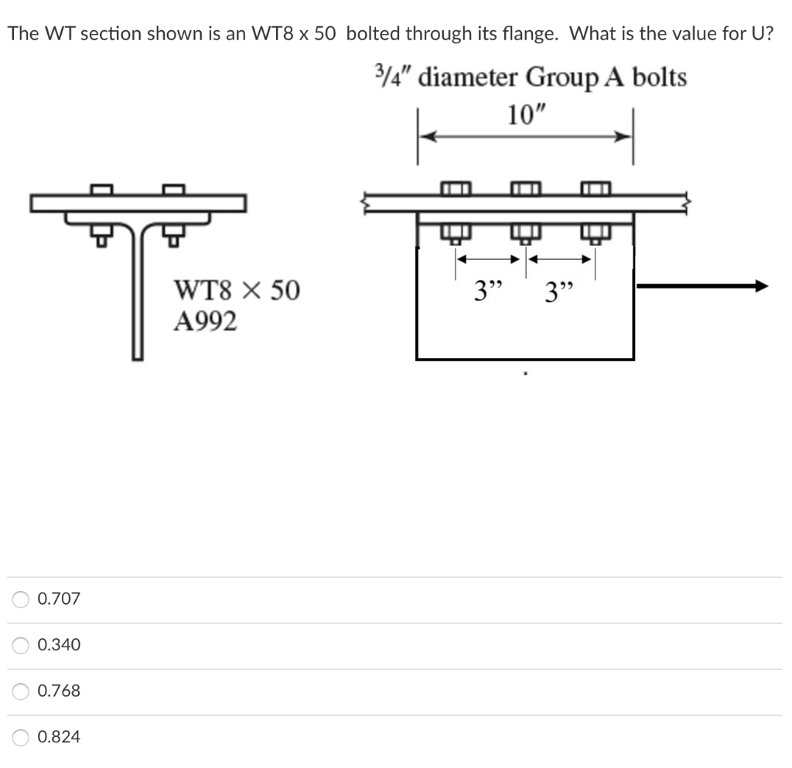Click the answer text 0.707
coord(59,599)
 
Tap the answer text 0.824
coord(59,737)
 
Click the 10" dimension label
coord(526,114)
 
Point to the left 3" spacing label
coord(488,293)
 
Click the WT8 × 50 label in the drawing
coord(237,291)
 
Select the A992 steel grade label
coord(205,321)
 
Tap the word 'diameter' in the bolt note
coord(470,77)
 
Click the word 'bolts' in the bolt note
coord(659,77)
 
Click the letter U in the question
coord(758,34)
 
